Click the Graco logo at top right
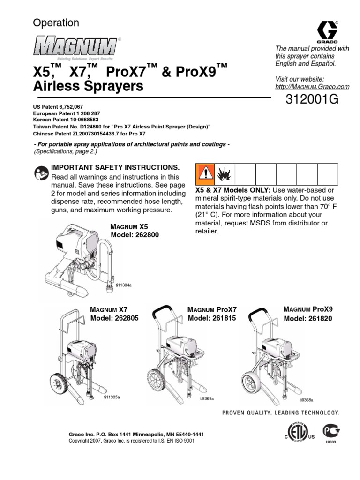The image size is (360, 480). (x=327, y=31)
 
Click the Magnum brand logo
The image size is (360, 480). (x=75, y=47)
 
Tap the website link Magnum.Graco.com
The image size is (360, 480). (x=312, y=87)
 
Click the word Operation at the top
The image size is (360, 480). (x=56, y=22)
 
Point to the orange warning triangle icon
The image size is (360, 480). (x=204, y=174)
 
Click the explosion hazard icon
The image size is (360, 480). (x=224, y=174)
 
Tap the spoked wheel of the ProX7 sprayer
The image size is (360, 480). (x=157, y=379)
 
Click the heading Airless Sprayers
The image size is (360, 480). (x=88, y=86)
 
